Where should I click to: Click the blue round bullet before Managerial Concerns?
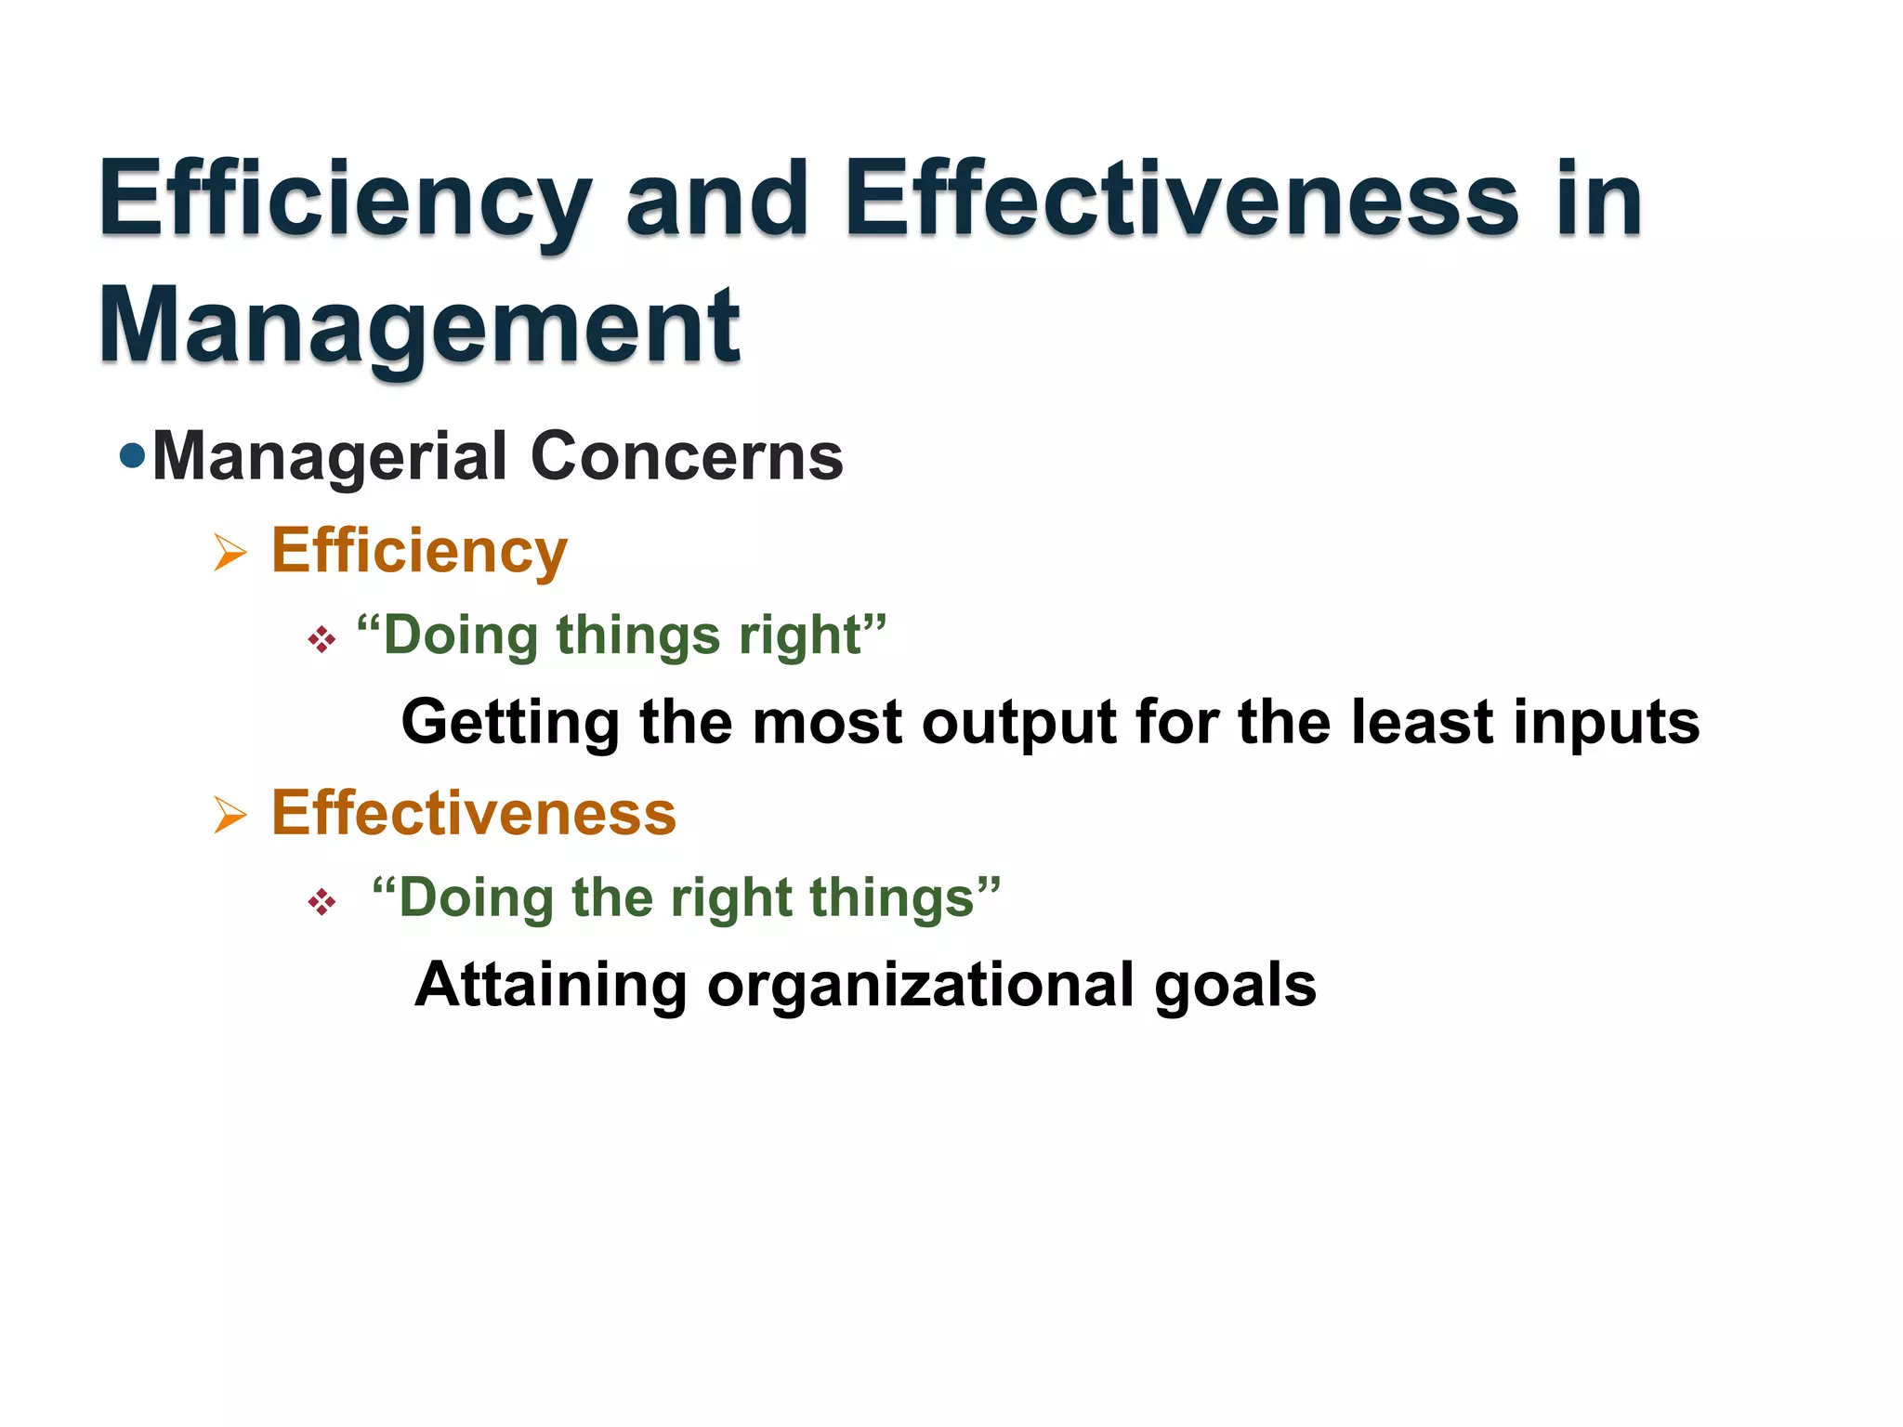[x=133, y=455]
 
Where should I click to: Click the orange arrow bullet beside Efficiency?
[x=230, y=552]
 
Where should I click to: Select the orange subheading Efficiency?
[x=419, y=552]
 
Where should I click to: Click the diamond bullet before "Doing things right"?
[x=322, y=639]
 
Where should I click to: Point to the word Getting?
[x=510, y=723]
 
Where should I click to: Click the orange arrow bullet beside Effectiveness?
[x=230, y=815]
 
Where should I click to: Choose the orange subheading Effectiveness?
[x=474, y=813]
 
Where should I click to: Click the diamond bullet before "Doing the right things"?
[x=322, y=901]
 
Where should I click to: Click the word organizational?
[x=920, y=985]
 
